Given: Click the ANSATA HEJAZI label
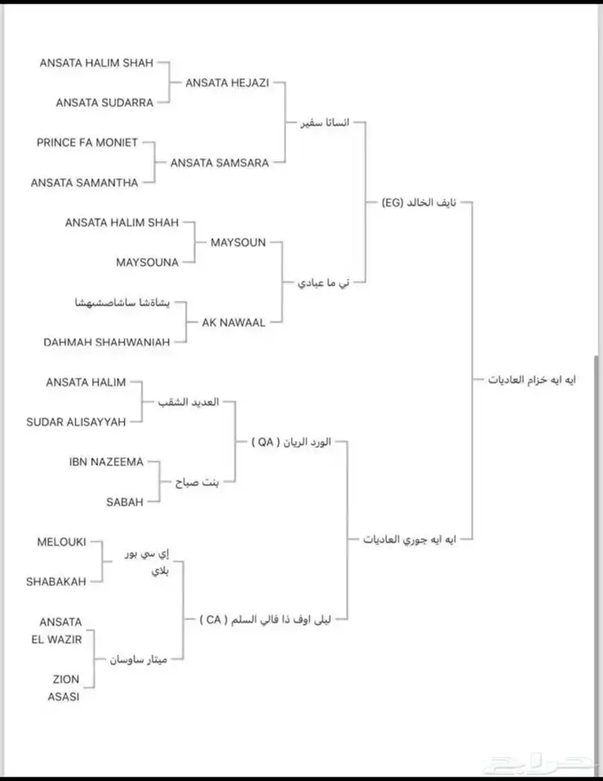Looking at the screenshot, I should pyautogui.click(x=227, y=83).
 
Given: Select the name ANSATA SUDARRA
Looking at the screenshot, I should pyautogui.click(x=104, y=102).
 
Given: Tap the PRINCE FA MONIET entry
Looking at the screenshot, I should pyautogui.click(x=87, y=142).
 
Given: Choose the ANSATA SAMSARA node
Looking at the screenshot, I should pyautogui.click(x=220, y=162).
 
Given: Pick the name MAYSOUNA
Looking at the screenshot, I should pyautogui.click(x=147, y=262).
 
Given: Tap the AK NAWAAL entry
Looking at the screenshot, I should pyautogui.click(x=233, y=322).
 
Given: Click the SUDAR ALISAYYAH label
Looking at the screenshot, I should pyautogui.click(x=76, y=421).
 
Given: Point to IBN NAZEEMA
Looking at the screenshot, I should pyautogui.click(x=106, y=462).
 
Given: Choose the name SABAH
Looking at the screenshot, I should pyautogui.click(x=125, y=501).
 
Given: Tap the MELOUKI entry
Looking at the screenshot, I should pyautogui.click(x=61, y=542).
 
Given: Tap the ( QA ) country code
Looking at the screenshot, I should pyautogui.click(x=264, y=442).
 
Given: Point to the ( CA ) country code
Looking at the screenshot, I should pyautogui.click(x=212, y=619).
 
